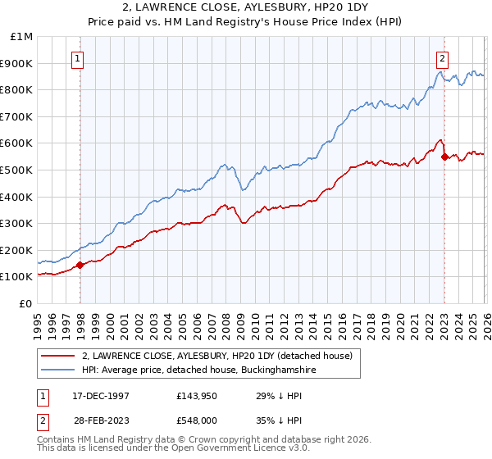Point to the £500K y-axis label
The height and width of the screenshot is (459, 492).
pos(17,170)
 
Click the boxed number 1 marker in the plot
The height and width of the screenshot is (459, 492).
pos(77,58)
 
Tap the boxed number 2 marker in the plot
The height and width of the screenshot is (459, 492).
pos(442,58)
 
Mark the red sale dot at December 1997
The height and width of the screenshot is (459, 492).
pos(80,265)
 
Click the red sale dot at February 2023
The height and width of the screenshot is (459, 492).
pos(444,157)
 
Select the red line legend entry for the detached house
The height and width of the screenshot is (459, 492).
pos(217,356)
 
